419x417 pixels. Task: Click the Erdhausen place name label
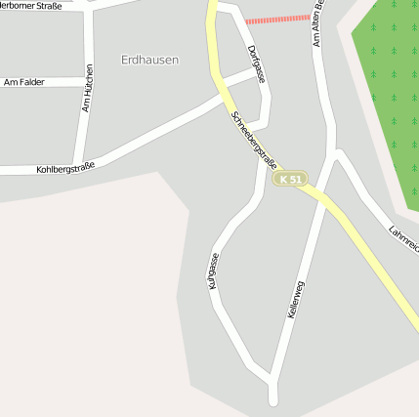pyautogui.click(x=149, y=60)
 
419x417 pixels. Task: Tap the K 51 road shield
pyautogui.click(x=290, y=180)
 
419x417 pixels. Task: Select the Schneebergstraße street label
pyautogui.click(x=250, y=139)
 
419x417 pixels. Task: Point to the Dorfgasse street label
pyautogui.click(x=255, y=63)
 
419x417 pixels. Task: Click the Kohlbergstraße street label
pyautogui.click(x=65, y=169)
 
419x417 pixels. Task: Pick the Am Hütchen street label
pyautogui.click(x=88, y=87)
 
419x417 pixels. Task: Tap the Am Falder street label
pyautogui.click(x=23, y=83)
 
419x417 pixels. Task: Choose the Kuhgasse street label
pyautogui.click(x=213, y=271)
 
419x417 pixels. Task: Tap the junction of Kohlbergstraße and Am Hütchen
pyautogui.click(x=86, y=166)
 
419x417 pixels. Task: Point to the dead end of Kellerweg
pyautogui.click(x=273, y=401)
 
